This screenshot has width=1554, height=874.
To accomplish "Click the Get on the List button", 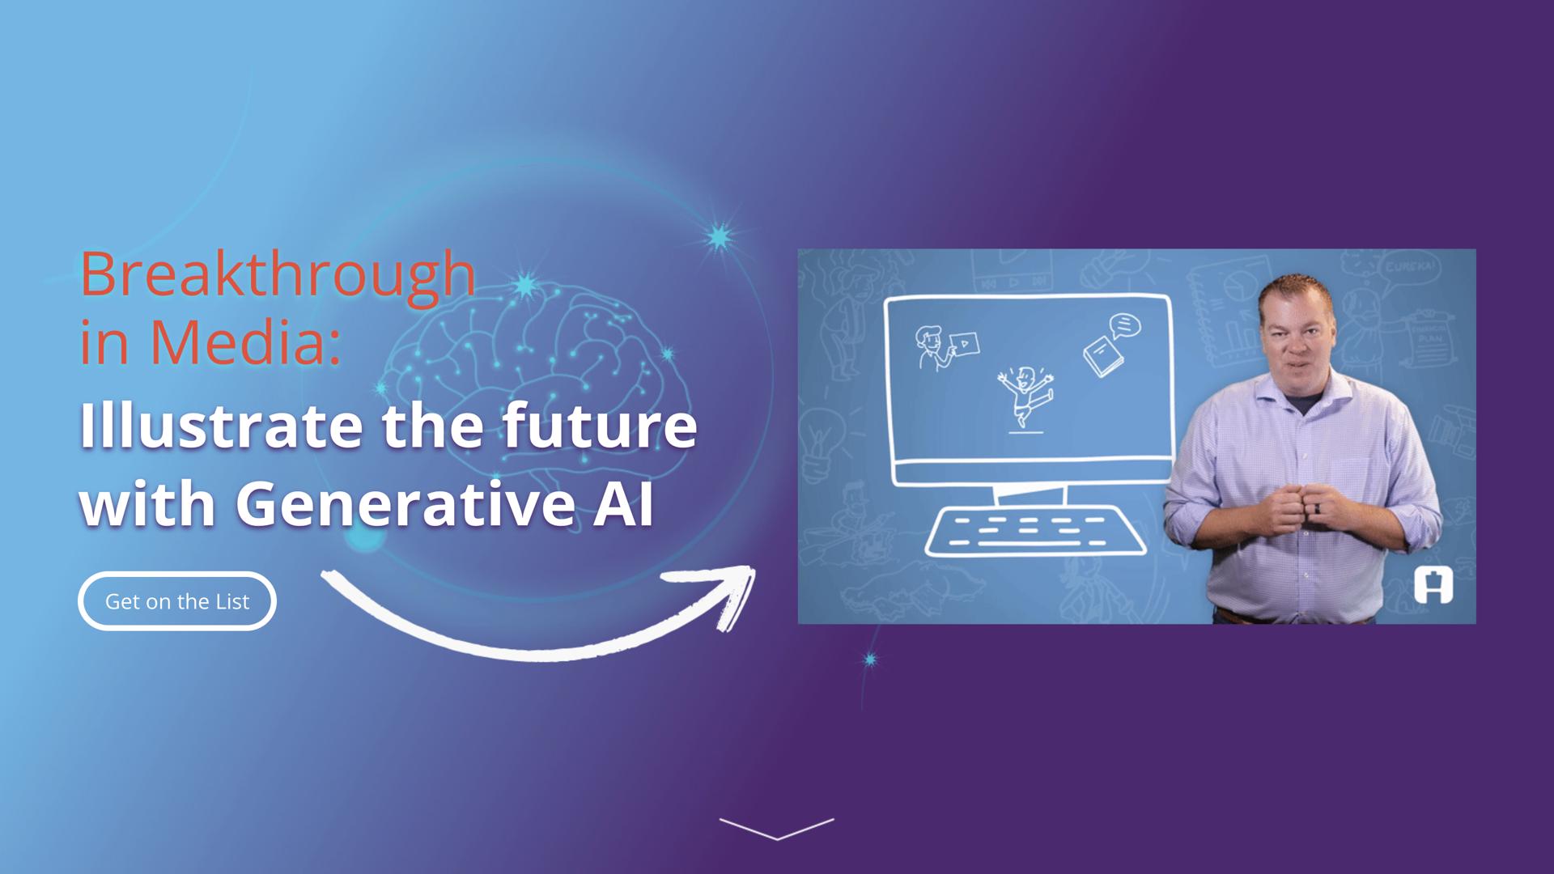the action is click(x=177, y=601).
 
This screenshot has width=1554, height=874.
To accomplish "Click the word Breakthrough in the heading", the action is click(x=278, y=276).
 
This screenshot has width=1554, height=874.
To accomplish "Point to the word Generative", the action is click(x=405, y=503).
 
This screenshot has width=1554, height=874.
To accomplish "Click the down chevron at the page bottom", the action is click(x=777, y=829).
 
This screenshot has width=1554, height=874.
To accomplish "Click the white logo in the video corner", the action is click(x=1433, y=585).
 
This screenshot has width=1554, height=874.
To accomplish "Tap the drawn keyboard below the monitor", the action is click(x=1035, y=531).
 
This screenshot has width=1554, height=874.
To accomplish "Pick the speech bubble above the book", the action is click(x=1124, y=326).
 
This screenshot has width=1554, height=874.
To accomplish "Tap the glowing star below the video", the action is click(x=870, y=660).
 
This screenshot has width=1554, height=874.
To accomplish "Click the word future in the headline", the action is click(x=599, y=426).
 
